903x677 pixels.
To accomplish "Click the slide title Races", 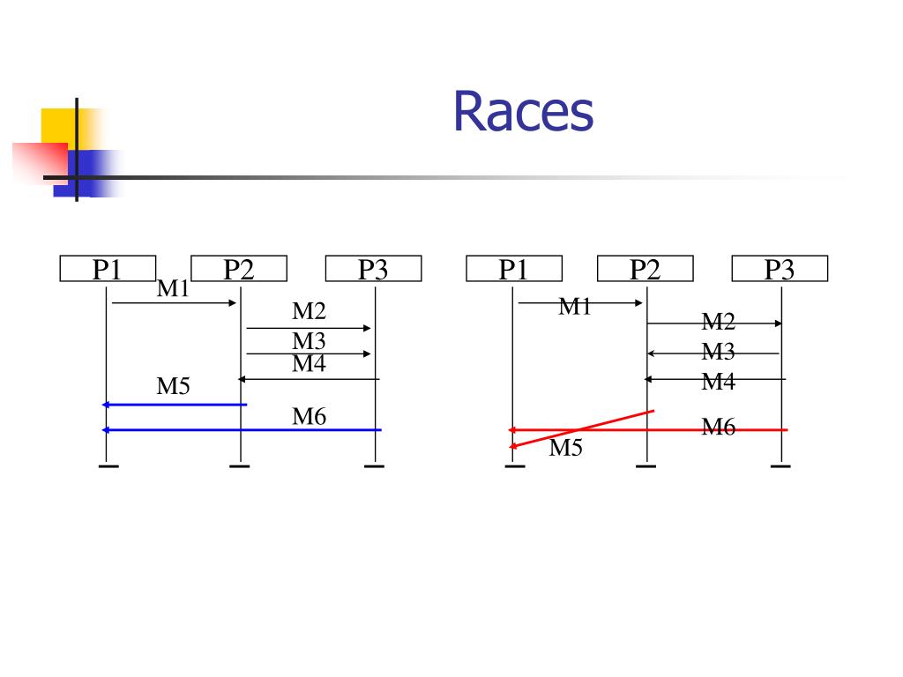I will tap(523, 113).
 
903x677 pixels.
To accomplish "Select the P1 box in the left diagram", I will tap(108, 269).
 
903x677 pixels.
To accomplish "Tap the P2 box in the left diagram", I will tap(239, 269).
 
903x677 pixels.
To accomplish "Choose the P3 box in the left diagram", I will tap(373, 269).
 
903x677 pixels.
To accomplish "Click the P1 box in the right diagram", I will tap(513, 269).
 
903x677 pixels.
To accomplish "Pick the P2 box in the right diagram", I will tap(645, 269).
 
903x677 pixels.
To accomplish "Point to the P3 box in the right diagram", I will tap(780, 269).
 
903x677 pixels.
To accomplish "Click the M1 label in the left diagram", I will tap(174, 288).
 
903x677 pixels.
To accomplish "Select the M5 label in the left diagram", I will tap(174, 385).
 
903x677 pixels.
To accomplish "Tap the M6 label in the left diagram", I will tap(310, 416).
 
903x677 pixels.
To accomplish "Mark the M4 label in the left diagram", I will tap(310, 362).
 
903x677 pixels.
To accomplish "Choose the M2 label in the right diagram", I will tap(718, 321).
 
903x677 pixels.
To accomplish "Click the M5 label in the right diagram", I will tap(566, 448).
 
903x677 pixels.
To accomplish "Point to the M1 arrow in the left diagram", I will tap(174, 303).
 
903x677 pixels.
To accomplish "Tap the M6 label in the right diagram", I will tap(718, 428).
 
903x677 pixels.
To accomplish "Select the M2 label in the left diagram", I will tap(310, 311).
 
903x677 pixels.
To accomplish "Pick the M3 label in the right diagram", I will tap(718, 352).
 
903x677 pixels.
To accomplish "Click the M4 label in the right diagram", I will tap(718, 381).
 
